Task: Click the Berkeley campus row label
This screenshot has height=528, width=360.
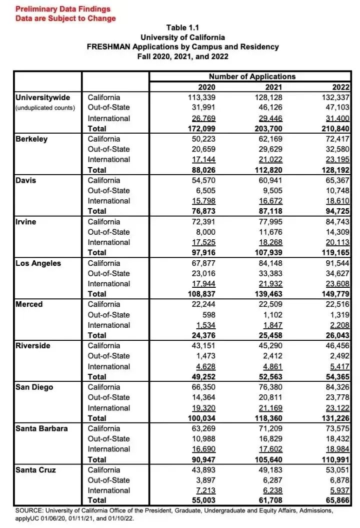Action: pos(32,139)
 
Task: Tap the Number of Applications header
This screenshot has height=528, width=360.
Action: pos(252,77)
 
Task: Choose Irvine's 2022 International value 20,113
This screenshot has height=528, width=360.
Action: pos(336,242)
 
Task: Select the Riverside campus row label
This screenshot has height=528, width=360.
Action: pos(33,345)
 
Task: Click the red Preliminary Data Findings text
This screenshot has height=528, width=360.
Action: pos(63,9)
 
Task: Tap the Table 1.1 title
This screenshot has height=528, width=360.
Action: pos(182,28)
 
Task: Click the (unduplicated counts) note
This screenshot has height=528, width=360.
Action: pos(45,108)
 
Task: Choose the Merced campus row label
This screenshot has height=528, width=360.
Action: pos(29,304)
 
